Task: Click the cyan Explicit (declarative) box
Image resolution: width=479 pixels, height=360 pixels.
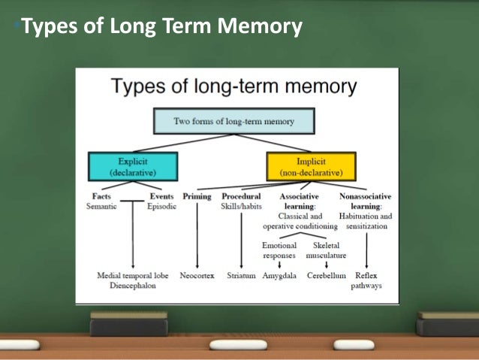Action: (x=132, y=166)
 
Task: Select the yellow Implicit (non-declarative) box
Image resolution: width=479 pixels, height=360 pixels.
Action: (x=311, y=166)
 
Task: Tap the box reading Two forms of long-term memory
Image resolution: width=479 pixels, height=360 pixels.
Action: (x=233, y=120)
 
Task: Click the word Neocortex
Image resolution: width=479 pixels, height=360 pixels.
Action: (x=197, y=276)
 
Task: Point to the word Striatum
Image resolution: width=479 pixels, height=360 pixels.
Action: (x=241, y=276)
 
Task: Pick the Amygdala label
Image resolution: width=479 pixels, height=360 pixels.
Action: (x=279, y=276)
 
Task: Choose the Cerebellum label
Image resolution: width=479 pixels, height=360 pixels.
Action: (x=327, y=276)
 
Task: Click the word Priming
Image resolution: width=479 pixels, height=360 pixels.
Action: (x=197, y=196)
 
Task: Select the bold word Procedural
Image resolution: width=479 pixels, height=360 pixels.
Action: (x=241, y=196)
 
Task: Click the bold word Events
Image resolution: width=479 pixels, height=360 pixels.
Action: (x=161, y=196)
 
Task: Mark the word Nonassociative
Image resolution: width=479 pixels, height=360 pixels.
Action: (x=366, y=196)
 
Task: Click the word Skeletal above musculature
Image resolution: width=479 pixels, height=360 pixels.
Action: (x=326, y=246)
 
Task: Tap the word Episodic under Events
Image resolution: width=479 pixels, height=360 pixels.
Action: (x=161, y=206)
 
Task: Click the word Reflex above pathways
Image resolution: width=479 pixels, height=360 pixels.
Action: (x=366, y=276)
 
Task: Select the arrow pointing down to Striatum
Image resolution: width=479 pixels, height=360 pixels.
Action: (x=241, y=241)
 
